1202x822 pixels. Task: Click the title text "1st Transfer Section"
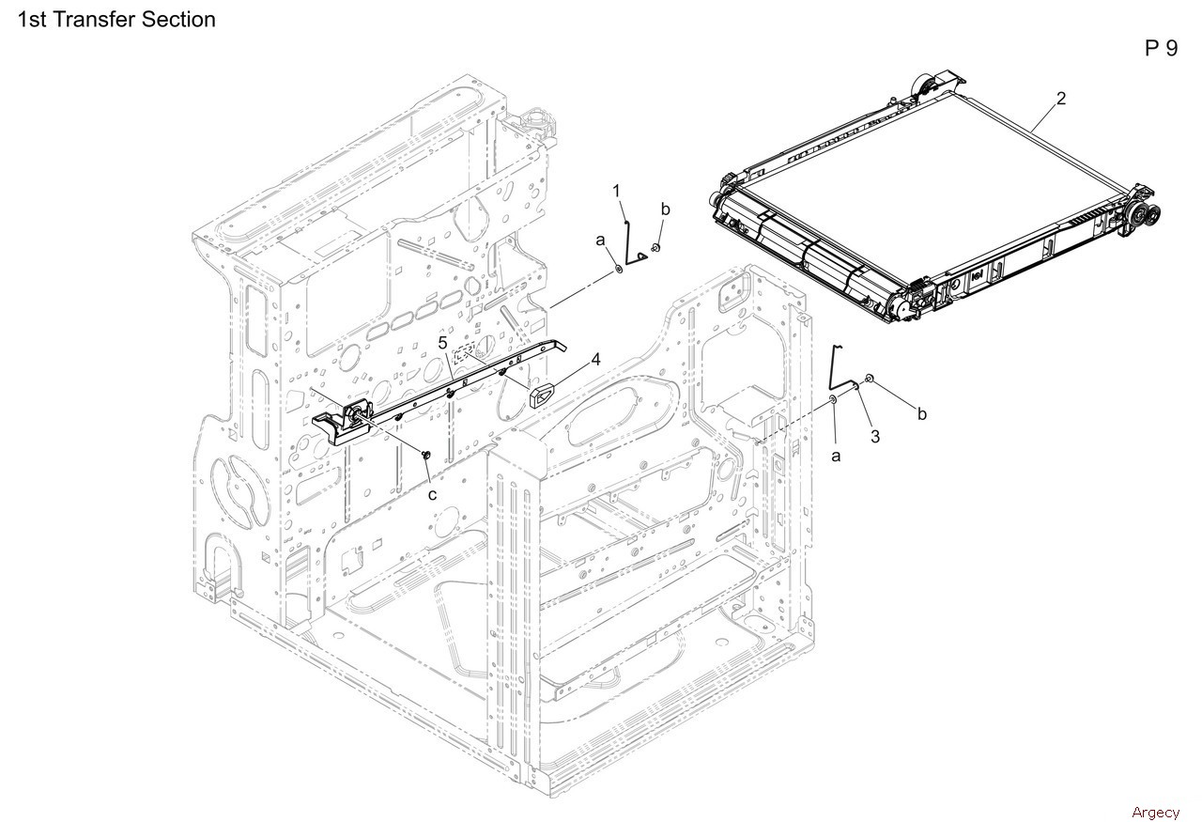click(116, 19)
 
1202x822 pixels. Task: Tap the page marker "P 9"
click(1161, 49)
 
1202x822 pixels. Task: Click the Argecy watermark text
click(1155, 812)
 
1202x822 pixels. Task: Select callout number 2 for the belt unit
click(1061, 98)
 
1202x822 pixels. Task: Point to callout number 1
click(617, 192)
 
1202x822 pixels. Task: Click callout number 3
click(875, 436)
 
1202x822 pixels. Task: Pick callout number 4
click(595, 359)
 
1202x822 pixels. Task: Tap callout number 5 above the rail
click(442, 342)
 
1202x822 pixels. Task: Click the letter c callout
click(433, 494)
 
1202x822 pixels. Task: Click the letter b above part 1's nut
click(665, 209)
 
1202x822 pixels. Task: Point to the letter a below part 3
click(836, 456)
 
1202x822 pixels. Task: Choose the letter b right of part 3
click(921, 414)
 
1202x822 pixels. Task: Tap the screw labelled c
click(425, 456)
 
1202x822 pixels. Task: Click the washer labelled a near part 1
click(620, 269)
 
